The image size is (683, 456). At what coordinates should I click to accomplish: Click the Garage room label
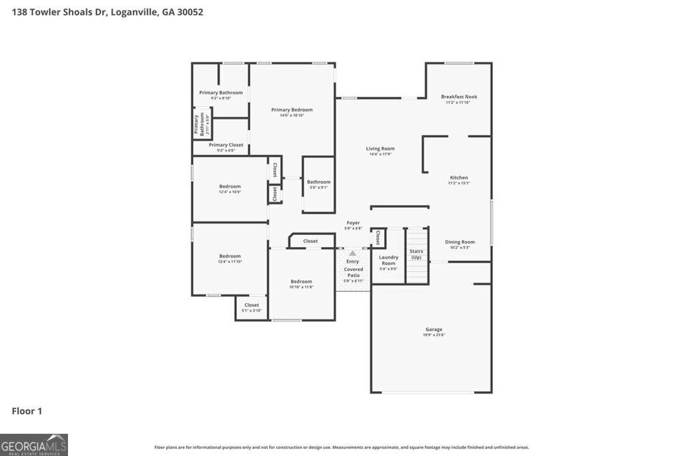(434, 331)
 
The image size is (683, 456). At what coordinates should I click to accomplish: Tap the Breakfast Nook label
(459, 99)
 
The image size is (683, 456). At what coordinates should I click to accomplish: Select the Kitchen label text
(458, 180)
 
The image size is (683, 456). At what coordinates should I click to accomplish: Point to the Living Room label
(380, 151)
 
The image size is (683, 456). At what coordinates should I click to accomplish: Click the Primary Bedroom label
(291, 111)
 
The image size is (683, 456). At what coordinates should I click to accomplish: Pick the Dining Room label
(460, 244)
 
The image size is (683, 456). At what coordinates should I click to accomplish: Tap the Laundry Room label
(388, 261)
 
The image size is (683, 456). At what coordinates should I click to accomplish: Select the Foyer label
(353, 224)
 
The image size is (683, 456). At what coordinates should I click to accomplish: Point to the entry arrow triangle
(353, 253)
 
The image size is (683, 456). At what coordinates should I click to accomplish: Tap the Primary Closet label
(226, 147)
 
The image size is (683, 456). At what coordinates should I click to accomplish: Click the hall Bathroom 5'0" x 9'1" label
(318, 184)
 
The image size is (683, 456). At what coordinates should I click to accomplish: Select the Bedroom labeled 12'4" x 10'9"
(230, 188)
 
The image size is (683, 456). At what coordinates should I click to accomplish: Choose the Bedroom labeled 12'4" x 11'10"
(230, 258)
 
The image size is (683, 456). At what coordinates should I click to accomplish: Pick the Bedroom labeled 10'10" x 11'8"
(301, 283)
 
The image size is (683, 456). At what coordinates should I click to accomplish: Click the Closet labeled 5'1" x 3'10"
(251, 307)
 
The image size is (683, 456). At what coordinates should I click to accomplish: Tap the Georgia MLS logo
(34, 445)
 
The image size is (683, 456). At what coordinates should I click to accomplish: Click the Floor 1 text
(27, 411)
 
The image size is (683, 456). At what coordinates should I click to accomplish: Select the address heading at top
(107, 11)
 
